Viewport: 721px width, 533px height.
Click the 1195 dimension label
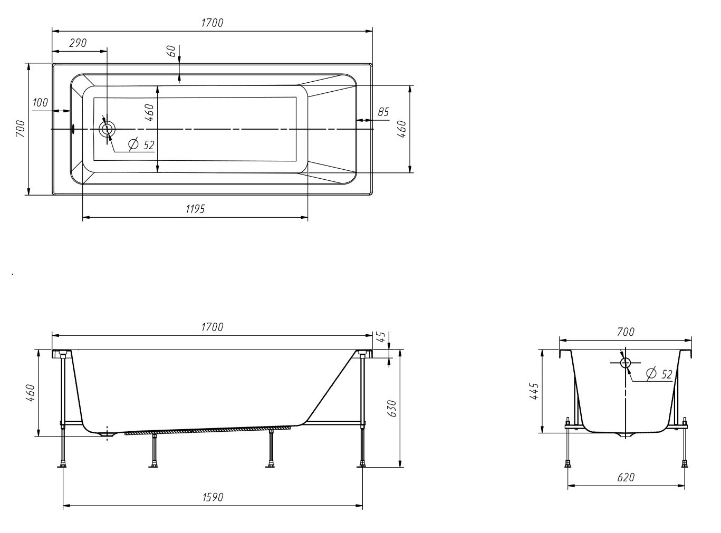(195, 209)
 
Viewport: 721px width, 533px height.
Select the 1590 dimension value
(213, 497)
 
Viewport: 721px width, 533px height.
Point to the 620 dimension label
(626, 477)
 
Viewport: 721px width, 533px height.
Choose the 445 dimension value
(533, 391)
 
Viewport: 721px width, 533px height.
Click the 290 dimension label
(78, 43)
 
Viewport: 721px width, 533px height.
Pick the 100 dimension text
(40, 103)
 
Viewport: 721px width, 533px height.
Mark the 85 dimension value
(383, 112)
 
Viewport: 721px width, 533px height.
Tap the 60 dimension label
(171, 51)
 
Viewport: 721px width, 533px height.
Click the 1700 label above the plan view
(213, 23)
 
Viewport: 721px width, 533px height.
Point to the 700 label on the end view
(626, 332)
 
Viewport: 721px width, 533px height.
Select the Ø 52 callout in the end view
(659, 374)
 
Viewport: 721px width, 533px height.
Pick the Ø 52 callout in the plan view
(141, 144)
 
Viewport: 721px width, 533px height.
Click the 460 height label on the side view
(30, 393)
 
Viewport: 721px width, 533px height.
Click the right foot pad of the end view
(684, 464)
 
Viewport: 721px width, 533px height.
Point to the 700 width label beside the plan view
(20, 129)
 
